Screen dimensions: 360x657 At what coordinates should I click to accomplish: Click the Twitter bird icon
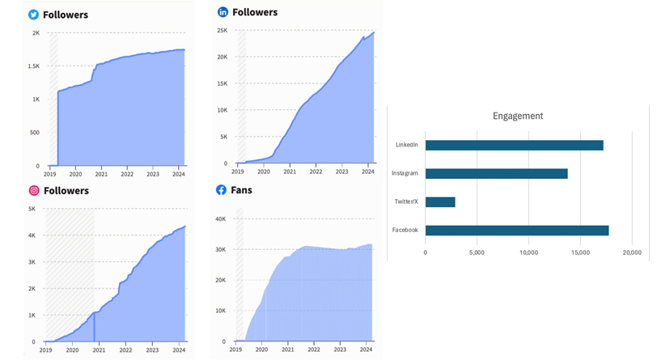(34, 15)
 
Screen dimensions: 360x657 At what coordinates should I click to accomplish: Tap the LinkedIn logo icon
(223, 13)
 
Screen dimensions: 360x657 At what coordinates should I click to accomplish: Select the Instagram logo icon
(34, 191)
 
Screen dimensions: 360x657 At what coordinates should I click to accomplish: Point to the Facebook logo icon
(221, 190)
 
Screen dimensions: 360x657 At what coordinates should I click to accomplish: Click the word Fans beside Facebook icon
(241, 190)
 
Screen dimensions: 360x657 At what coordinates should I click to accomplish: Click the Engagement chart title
(518, 116)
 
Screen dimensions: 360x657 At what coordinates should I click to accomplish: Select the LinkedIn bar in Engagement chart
(514, 145)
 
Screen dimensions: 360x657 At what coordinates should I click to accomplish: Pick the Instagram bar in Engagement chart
(496, 173)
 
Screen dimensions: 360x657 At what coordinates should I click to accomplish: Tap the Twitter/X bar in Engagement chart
(440, 201)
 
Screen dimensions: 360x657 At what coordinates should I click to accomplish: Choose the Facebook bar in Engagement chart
(517, 230)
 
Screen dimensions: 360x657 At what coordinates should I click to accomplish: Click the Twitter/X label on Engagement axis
(405, 201)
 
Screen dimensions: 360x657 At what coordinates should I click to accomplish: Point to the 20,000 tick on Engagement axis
(631, 252)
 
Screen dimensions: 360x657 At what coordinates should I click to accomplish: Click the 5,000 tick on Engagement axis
(477, 252)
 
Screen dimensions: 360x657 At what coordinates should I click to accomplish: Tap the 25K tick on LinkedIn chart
(220, 31)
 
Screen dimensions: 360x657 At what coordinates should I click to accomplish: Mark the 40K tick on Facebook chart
(220, 218)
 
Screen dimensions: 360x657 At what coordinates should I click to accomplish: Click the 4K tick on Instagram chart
(32, 235)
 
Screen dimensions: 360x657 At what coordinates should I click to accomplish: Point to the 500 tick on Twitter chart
(34, 133)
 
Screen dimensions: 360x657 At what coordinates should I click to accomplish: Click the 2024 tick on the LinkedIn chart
(367, 172)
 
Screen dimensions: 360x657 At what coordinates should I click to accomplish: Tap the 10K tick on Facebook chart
(220, 311)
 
